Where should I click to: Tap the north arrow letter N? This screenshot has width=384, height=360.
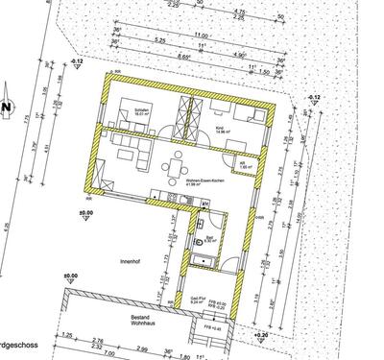pos(6,107)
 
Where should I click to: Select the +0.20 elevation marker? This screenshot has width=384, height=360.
pos(262,335)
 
